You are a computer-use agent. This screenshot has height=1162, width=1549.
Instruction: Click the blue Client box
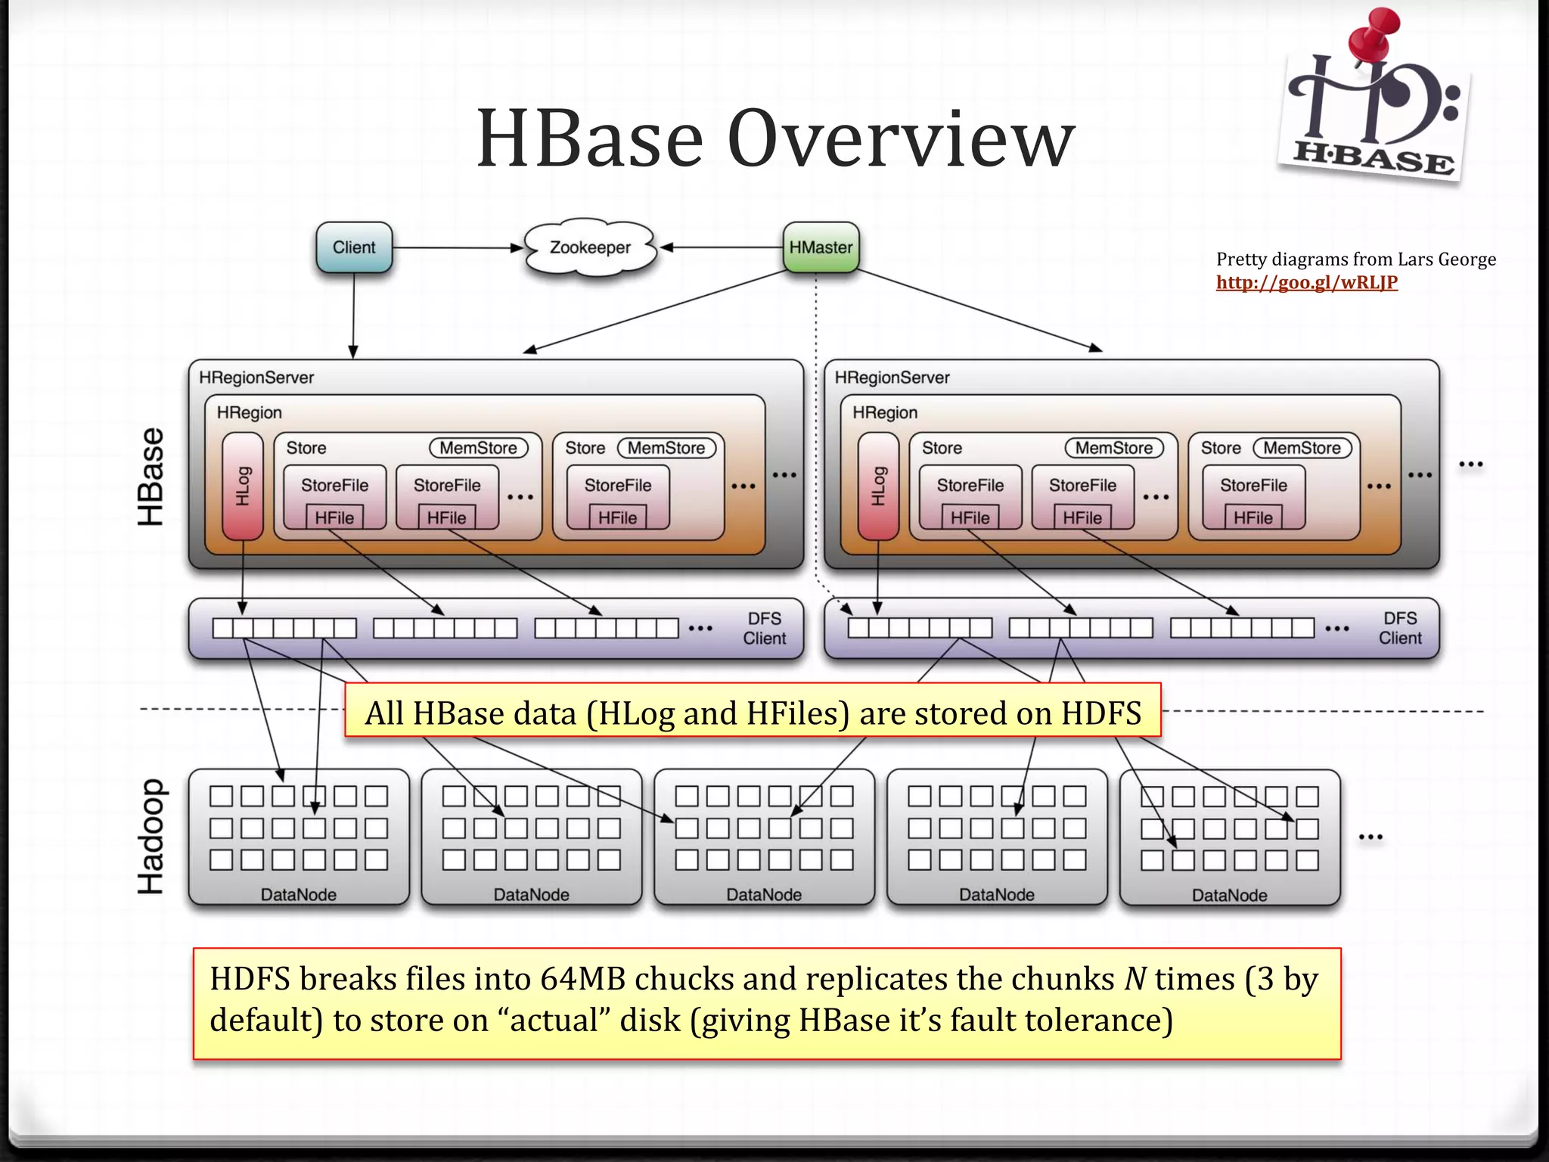point(354,247)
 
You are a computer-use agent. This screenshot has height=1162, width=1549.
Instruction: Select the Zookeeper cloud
point(590,247)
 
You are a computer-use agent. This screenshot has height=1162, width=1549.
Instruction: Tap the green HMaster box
point(821,247)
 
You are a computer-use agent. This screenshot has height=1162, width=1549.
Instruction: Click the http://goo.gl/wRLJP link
point(1306,283)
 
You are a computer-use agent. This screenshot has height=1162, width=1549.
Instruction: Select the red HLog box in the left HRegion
point(243,486)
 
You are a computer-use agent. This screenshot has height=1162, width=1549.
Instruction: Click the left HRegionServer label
point(256,377)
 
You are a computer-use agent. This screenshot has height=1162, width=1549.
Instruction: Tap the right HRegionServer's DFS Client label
point(1400,628)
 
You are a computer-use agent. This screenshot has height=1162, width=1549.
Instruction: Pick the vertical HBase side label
point(151,477)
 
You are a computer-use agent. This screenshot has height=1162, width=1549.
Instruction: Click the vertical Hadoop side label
point(151,836)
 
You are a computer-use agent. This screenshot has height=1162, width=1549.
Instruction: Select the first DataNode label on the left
point(299,894)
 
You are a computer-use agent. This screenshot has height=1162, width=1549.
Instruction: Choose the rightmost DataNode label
point(1230,895)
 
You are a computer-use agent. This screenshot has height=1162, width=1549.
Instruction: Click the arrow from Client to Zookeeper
point(458,247)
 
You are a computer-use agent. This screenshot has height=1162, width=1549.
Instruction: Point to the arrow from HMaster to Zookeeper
point(722,247)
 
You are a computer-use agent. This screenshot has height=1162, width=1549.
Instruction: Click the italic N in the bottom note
point(1135,979)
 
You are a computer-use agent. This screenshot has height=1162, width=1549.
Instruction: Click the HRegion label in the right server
point(884,413)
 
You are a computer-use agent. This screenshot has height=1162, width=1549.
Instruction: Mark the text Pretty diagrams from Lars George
point(1355,259)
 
